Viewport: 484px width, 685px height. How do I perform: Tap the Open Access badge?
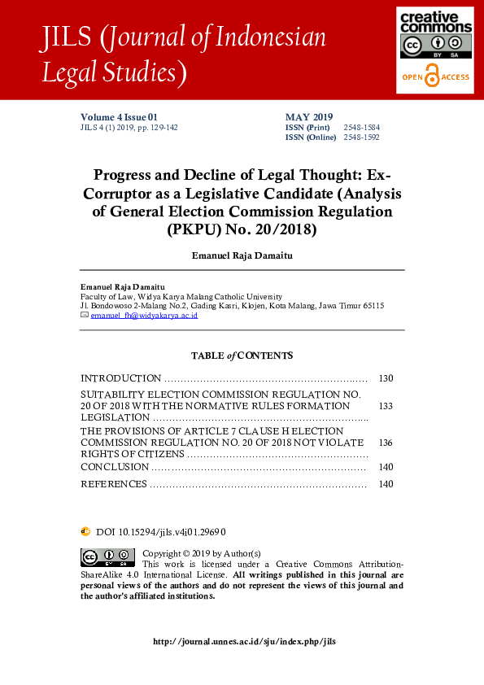(x=434, y=76)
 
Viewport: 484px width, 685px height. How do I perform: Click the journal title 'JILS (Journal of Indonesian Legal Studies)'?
(x=184, y=55)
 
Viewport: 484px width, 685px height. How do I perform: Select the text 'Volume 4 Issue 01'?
(x=119, y=117)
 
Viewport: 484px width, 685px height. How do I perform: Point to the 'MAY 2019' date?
(x=309, y=117)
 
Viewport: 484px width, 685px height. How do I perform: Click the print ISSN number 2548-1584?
(x=361, y=128)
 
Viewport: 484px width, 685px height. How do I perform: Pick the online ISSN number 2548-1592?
(x=361, y=137)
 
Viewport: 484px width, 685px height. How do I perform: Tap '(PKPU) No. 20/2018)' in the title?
(x=242, y=229)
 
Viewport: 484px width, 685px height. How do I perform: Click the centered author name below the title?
(x=242, y=255)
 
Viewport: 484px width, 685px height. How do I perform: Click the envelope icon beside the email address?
(x=85, y=315)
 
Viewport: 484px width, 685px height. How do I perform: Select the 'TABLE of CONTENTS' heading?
(x=242, y=356)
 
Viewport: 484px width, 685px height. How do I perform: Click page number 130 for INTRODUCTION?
(x=386, y=378)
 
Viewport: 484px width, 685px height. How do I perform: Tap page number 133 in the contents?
(x=386, y=405)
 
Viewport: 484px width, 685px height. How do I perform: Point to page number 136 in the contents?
(x=386, y=443)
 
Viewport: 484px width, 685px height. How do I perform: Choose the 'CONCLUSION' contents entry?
(x=115, y=467)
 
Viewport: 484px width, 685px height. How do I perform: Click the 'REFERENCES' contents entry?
(x=114, y=484)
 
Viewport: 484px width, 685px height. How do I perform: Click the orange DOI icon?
(x=85, y=531)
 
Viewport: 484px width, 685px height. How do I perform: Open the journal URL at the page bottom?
(x=244, y=641)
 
